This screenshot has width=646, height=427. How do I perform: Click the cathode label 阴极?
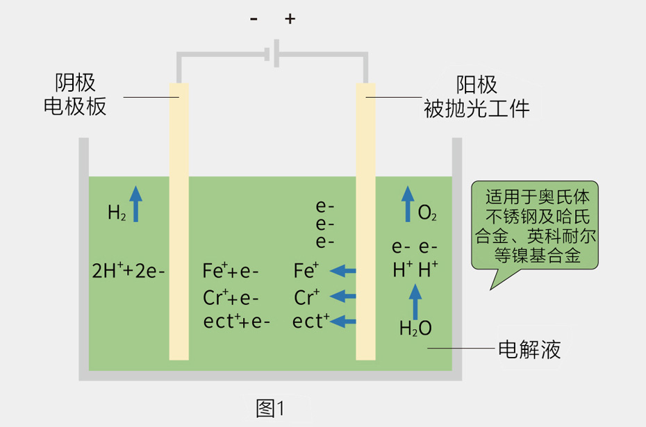(x=75, y=83)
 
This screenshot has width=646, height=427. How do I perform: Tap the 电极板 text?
(x=75, y=106)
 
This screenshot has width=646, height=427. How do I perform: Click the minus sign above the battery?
(x=254, y=19)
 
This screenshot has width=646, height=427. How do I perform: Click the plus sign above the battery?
(x=290, y=19)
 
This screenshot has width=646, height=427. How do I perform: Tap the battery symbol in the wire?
(x=273, y=53)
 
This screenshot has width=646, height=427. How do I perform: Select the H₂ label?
(x=117, y=212)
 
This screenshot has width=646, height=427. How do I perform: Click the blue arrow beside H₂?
(x=136, y=203)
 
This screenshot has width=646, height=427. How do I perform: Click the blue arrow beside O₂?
(x=407, y=205)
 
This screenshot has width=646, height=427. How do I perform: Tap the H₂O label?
(x=415, y=328)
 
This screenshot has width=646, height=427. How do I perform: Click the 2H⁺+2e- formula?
(x=129, y=270)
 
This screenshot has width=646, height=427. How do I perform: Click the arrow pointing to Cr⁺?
(x=342, y=296)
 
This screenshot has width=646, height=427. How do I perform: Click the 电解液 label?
(x=529, y=349)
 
